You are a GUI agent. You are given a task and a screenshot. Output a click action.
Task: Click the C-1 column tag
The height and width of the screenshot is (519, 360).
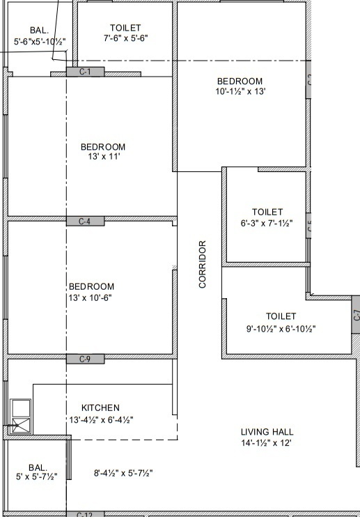point(86,72)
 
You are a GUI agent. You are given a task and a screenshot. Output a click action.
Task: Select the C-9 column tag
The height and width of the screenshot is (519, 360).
point(86,359)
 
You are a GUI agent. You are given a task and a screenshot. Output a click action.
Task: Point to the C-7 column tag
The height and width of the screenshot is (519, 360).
point(356,314)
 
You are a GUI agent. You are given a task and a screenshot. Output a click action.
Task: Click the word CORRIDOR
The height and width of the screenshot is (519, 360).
point(203,264)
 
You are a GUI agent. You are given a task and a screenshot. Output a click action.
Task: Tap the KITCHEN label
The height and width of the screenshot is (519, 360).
point(100,408)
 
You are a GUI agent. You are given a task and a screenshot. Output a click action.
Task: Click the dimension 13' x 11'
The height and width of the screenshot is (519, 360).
point(103,158)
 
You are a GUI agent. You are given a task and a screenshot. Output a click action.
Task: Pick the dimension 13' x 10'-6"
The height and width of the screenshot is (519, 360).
point(91,297)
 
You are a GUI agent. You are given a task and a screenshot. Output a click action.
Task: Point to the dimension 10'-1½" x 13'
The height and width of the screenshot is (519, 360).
point(240,91)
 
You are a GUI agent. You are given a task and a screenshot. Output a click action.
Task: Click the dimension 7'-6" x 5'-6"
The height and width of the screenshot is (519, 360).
point(125,38)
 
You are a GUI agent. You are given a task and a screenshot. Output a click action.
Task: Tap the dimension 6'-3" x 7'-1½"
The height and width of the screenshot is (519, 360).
point(267,224)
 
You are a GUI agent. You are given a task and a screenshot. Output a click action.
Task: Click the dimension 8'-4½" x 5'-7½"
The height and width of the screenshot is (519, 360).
point(123,473)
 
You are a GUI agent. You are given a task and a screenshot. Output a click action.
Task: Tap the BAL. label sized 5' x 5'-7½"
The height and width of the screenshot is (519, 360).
point(38,467)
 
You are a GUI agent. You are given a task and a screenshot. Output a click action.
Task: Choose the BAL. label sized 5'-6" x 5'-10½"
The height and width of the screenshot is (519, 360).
point(39,31)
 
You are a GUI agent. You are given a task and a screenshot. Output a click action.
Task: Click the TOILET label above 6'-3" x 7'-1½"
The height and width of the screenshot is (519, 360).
point(267,212)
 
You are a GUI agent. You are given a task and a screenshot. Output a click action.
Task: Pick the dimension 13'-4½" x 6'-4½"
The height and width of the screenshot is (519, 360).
point(100,419)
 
